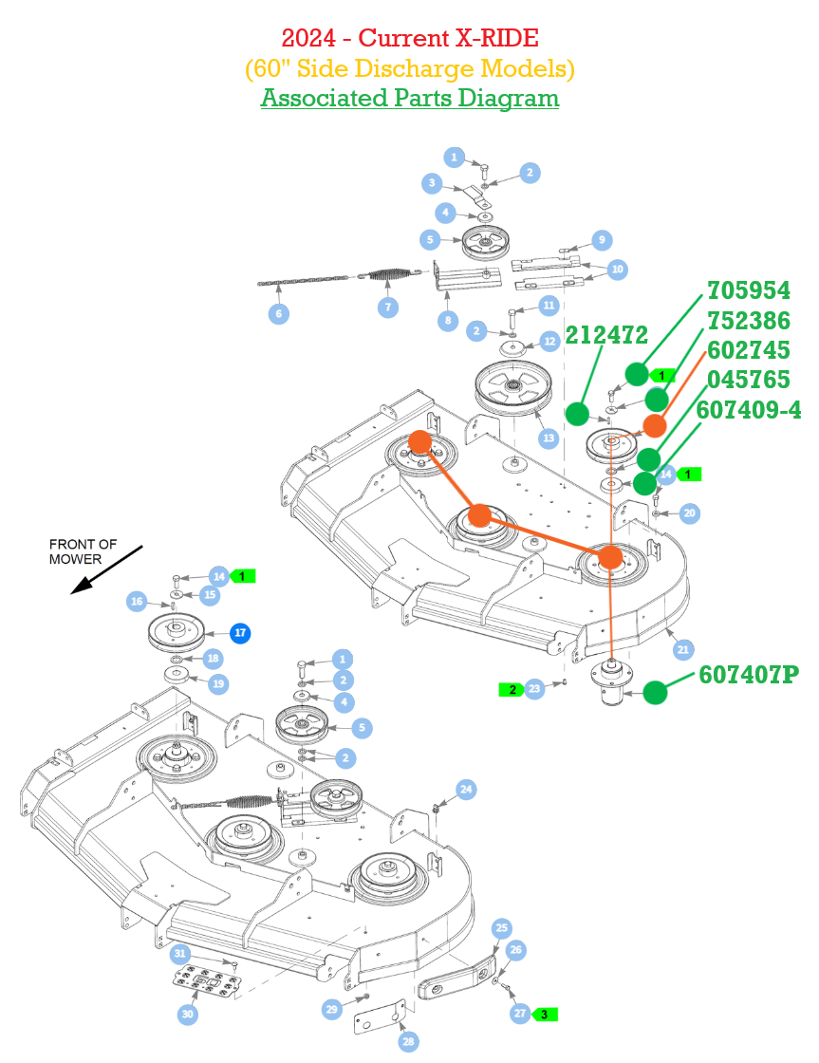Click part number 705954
tap(748, 290)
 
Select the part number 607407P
tap(748, 675)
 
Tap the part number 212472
tap(606, 335)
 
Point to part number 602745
tap(748, 350)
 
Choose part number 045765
tap(748, 380)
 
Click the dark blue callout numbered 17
tap(240, 632)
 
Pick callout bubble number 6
tap(278, 313)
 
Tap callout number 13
tap(548, 438)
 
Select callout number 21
tap(683, 650)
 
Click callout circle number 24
tap(466, 789)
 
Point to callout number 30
tap(188, 1015)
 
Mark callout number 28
tap(407, 1042)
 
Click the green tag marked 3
tap(544, 1014)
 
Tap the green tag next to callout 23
tap(512, 689)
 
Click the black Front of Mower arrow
tap(105, 570)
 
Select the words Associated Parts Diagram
tap(409, 98)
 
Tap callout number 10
tap(618, 270)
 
